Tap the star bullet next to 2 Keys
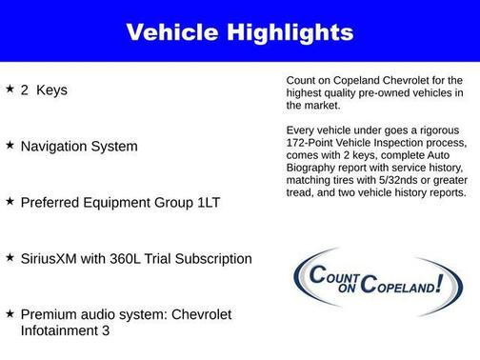tap(10, 89)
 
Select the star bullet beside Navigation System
tap(10, 145)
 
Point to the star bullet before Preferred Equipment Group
tap(10, 201)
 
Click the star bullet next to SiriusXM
tap(10, 257)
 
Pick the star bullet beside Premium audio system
tap(10, 312)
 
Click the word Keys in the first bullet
tap(52, 90)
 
